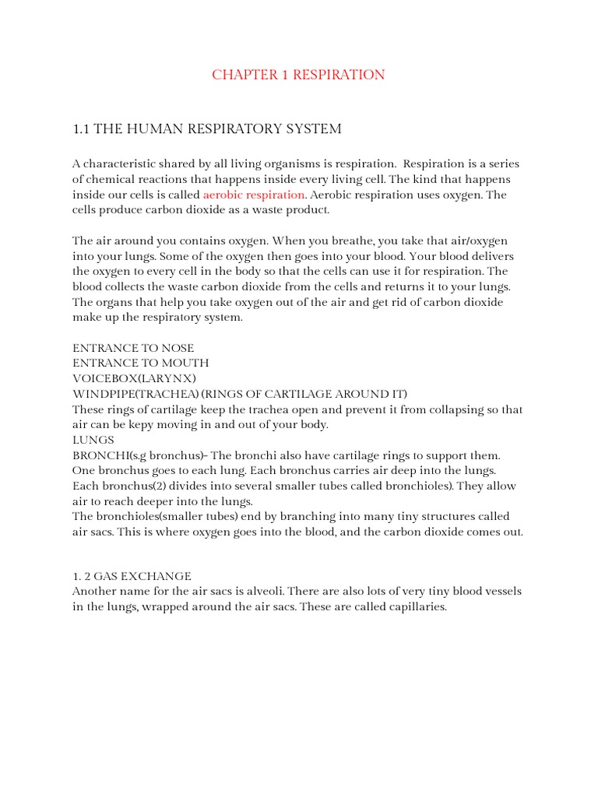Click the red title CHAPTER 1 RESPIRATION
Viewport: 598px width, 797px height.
coord(298,75)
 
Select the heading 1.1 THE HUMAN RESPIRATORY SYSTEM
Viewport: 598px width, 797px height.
coord(206,128)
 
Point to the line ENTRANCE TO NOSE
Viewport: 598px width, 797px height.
coord(133,348)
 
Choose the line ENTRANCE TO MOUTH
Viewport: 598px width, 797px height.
coord(140,363)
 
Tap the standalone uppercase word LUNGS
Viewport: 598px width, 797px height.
coord(93,440)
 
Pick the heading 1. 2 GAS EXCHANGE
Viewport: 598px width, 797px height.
coord(132,576)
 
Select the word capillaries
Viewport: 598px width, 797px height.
coord(417,607)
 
